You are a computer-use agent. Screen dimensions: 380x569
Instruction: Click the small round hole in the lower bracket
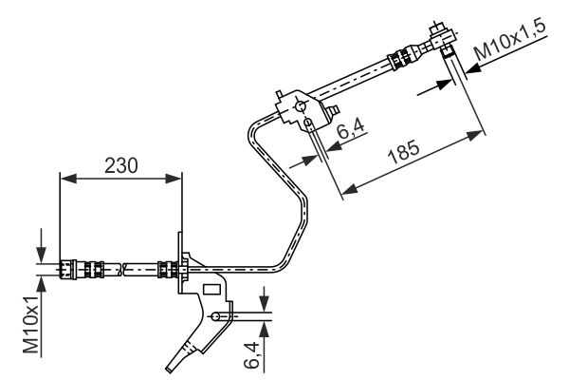217,315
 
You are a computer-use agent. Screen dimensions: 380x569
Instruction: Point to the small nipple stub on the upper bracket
333,111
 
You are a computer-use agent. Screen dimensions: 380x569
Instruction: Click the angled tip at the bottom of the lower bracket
172,365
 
